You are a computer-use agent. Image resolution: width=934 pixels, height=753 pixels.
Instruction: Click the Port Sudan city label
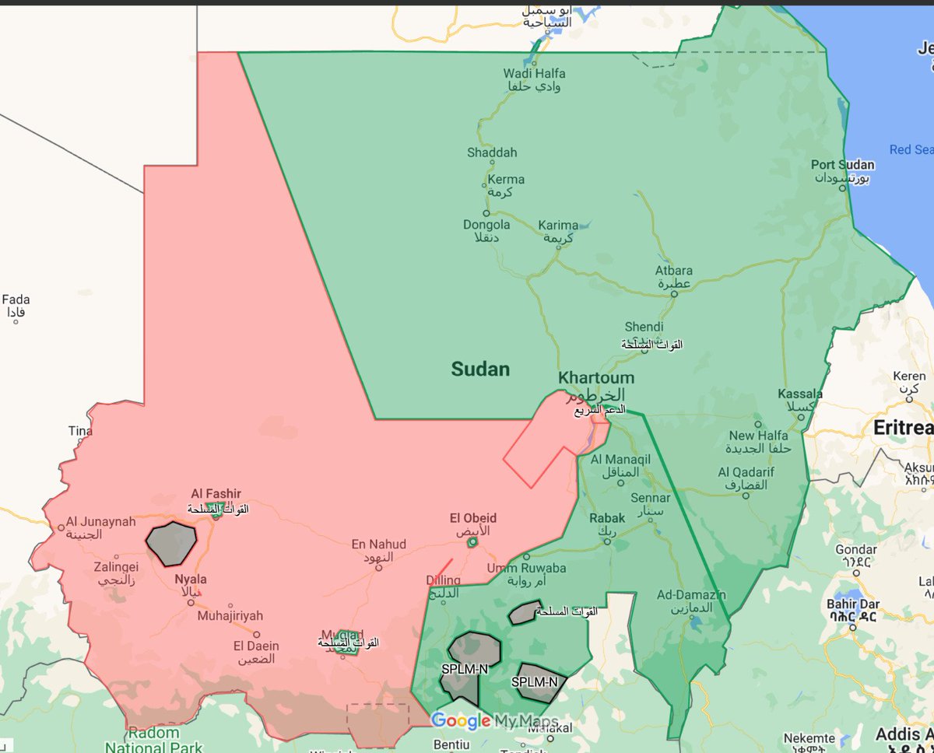click(x=842, y=165)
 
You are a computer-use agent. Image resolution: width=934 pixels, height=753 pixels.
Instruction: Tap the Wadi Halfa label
click(x=535, y=74)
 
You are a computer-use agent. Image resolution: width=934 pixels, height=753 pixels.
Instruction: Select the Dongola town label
click(x=486, y=225)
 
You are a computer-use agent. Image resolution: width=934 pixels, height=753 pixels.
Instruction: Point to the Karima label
click(x=558, y=226)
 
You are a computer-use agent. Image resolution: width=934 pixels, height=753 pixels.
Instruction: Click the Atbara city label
click(x=673, y=271)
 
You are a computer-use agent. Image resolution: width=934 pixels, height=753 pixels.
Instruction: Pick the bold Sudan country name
click(x=480, y=369)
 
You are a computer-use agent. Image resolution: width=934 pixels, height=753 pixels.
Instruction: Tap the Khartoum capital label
click(x=596, y=378)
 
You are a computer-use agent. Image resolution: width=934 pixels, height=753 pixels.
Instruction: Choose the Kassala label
click(x=800, y=394)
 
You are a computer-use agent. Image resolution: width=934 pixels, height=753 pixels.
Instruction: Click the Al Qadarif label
click(x=743, y=472)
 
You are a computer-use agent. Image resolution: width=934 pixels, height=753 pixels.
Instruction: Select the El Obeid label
click(x=472, y=518)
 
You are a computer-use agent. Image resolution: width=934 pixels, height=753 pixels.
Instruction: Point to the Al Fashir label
click(x=216, y=493)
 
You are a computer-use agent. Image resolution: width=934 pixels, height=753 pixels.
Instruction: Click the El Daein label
click(x=256, y=646)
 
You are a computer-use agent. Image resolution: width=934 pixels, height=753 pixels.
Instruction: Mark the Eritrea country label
click(x=903, y=428)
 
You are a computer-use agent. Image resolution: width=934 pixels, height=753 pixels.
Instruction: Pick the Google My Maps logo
click(x=493, y=721)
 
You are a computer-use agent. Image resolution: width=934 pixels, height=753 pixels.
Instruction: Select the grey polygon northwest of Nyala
click(x=171, y=544)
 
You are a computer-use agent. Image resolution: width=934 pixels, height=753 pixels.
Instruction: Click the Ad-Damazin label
click(x=692, y=594)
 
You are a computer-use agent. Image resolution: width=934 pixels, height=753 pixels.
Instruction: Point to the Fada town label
click(x=16, y=299)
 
